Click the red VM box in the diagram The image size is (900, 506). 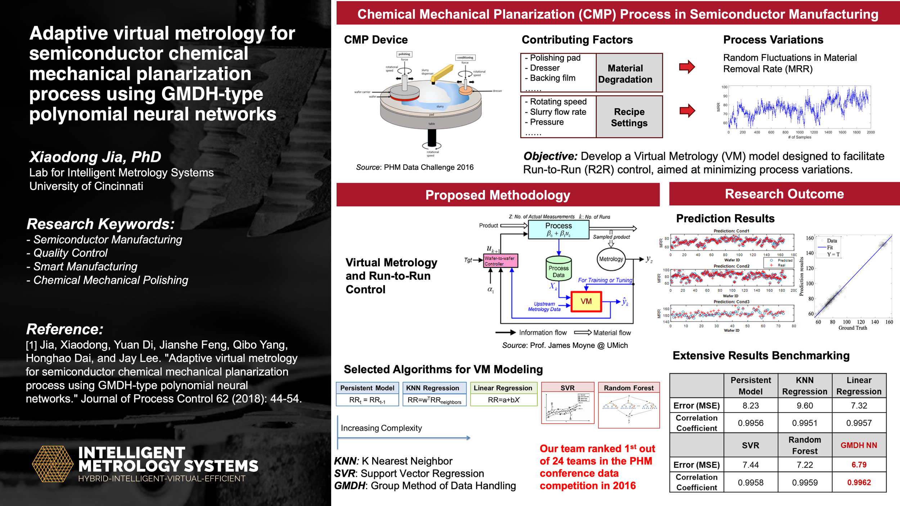point(586,301)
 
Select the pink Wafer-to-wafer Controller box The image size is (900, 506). point(500,261)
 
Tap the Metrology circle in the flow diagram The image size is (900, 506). point(611,259)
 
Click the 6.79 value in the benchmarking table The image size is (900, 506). point(859,465)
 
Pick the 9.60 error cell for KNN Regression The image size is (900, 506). point(805,406)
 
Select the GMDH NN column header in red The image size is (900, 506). point(859,445)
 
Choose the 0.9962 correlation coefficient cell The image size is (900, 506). point(859,482)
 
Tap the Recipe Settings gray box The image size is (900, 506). point(629,117)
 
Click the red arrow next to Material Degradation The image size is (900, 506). point(687,67)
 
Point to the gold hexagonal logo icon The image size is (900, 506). point(53,464)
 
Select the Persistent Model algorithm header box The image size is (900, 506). point(367,388)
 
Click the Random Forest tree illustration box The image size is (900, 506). point(629,410)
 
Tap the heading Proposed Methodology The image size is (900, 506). point(498,195)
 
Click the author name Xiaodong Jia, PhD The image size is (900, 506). point(95,157)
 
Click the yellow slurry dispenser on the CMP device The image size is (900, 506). point(441,73)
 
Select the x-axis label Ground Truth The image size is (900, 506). point(852,328)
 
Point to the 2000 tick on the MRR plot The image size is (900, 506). point(870,132)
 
